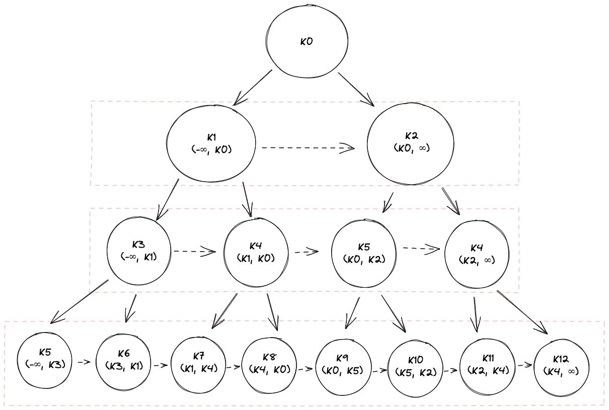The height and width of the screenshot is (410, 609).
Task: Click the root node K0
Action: tap(307, 42)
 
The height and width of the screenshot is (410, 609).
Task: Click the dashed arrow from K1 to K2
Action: tap(307, 148)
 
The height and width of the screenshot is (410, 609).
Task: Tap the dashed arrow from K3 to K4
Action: tap(194, 251)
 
